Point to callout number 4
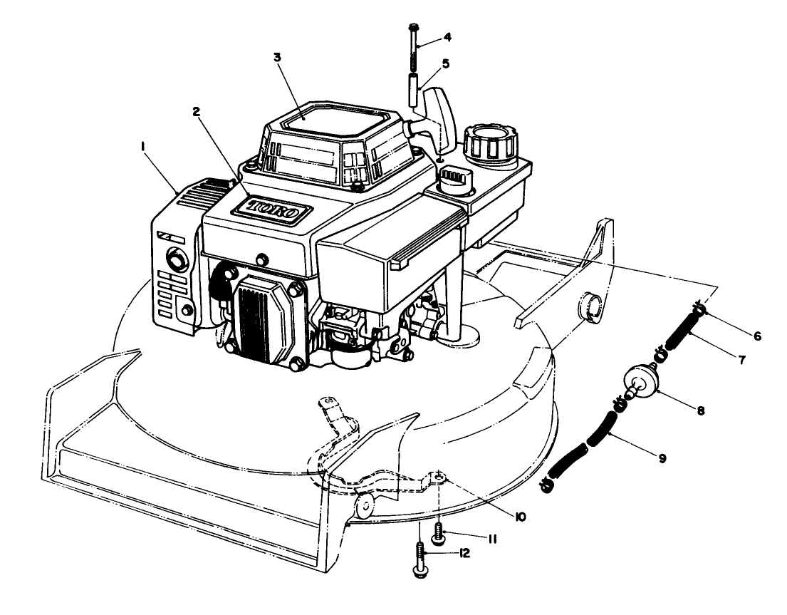[x=447, y=36]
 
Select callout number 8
[x=701, y=411]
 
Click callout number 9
[x=662, y=460]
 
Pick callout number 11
[x=491, y=539]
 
